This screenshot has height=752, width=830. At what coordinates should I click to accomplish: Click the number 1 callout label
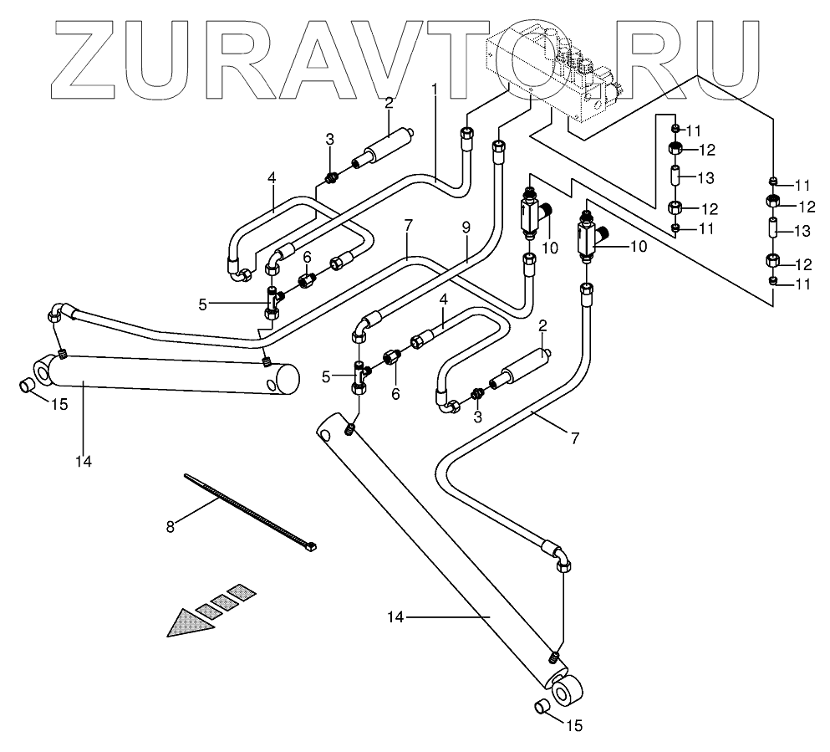434,89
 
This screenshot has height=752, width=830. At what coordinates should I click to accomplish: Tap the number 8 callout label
171,527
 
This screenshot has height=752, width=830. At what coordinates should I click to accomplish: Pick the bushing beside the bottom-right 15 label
542,708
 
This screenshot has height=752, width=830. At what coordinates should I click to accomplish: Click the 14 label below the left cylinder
84,459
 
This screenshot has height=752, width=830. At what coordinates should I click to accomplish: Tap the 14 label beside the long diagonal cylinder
396,617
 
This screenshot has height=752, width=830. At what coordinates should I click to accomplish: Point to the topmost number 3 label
330,139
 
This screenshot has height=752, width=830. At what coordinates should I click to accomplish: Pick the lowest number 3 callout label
478,417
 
